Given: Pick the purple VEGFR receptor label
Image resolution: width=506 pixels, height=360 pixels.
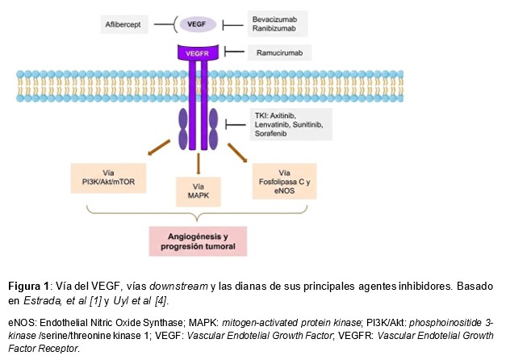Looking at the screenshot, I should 196,52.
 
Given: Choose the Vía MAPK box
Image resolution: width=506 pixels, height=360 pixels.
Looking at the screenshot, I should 199,195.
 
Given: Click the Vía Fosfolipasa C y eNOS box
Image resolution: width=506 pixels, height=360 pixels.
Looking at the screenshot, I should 284,181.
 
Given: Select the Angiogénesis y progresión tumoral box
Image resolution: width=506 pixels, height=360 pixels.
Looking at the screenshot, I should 197,241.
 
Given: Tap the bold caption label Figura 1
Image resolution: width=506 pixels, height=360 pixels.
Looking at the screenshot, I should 27,287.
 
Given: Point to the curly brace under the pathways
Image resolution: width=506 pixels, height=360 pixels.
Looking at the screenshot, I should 198,216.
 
